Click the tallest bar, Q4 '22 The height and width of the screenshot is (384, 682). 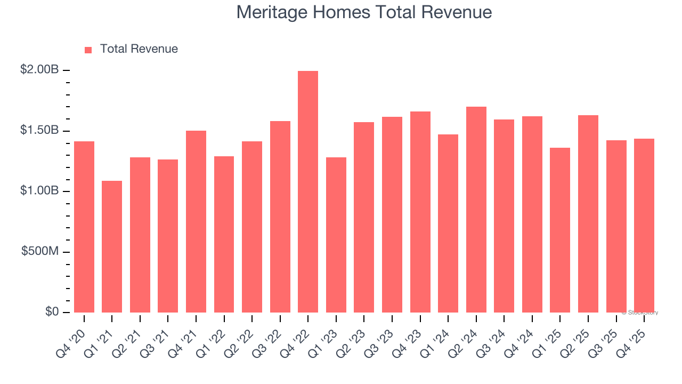308,192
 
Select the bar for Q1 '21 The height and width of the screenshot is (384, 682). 112,246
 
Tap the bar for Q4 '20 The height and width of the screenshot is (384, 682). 84,227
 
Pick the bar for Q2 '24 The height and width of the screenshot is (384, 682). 476,210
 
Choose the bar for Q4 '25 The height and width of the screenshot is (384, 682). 644,226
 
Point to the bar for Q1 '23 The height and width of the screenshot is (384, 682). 336,235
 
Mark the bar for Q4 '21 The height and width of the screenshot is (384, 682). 196,221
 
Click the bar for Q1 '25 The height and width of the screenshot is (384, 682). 560,230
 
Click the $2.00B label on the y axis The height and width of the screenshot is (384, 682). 39,69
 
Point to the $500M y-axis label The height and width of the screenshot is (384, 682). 40,251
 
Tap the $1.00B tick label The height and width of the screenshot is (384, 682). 39,190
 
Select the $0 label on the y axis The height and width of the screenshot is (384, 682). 52,311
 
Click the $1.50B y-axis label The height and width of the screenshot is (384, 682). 39,130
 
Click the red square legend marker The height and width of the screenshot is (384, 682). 88,50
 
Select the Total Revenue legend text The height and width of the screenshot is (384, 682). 139,49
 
